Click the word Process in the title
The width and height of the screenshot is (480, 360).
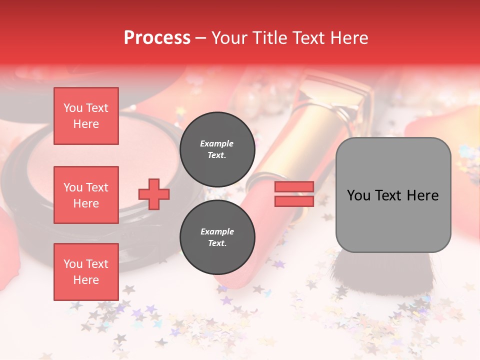click(157, 38)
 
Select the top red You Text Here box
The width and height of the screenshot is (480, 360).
click(86, 116)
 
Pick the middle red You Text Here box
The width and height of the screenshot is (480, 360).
click(86, 195)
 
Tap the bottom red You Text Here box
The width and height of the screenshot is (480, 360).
click(86, 272)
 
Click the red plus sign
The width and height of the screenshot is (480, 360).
click(154, 194)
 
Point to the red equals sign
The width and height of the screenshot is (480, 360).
click(294, 194)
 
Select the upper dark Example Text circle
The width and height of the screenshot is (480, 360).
click(217, 149)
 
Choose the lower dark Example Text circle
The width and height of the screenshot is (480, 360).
click(217, 237)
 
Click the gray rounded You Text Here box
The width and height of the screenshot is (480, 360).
click(393, 195)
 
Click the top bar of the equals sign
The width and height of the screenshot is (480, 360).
click(294, 187)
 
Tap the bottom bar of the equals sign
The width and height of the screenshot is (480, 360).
click(294, 201)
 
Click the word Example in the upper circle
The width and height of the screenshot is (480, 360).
click(217, 144)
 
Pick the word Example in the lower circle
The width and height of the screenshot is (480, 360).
click(217, 232)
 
